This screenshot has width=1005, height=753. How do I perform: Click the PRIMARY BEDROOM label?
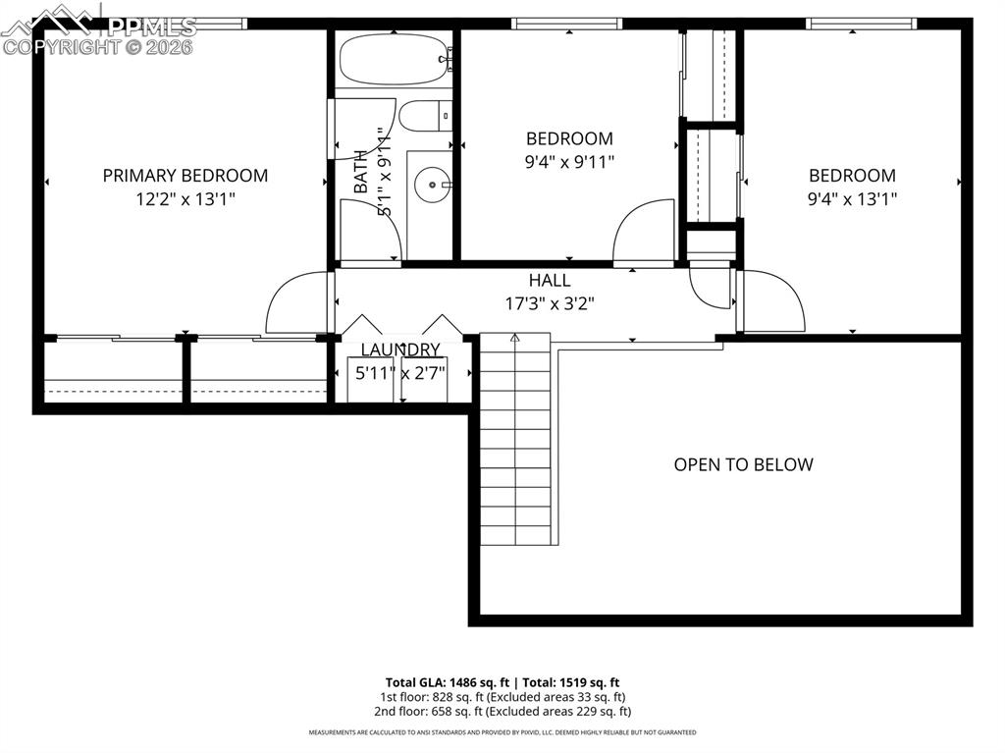[x=185, y=176]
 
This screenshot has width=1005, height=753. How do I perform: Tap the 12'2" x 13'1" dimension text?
[x=185, y=199]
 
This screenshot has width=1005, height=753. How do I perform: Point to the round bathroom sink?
[x=431, y=184]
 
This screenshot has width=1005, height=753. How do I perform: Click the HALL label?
[x=549, y=281]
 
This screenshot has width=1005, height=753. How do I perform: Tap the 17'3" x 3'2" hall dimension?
[x=549, y=303]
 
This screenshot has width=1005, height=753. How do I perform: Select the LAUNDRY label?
[x=399, y=350]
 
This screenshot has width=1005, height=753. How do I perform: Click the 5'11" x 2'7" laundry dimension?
[x=399, y=373]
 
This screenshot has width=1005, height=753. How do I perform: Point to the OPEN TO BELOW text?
[x=743, y=464]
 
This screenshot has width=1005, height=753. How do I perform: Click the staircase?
[x=515, y=442]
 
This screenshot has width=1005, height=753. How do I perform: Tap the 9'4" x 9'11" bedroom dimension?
[x=569, y=162]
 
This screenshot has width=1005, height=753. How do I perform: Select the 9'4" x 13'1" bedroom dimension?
[x=852, y=199]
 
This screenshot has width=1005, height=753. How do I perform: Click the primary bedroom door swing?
[x=297, y=302]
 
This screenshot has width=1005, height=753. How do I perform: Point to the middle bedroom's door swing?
[x=643, y=234]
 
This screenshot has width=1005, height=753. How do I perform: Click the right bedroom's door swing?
[x=772, y=301]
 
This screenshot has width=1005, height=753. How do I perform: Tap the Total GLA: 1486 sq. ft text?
[x=447, y=682]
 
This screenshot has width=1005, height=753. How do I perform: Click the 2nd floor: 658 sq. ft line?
[x=502, y=711]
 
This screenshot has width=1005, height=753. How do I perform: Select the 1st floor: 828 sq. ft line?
[x=502, y=697]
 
